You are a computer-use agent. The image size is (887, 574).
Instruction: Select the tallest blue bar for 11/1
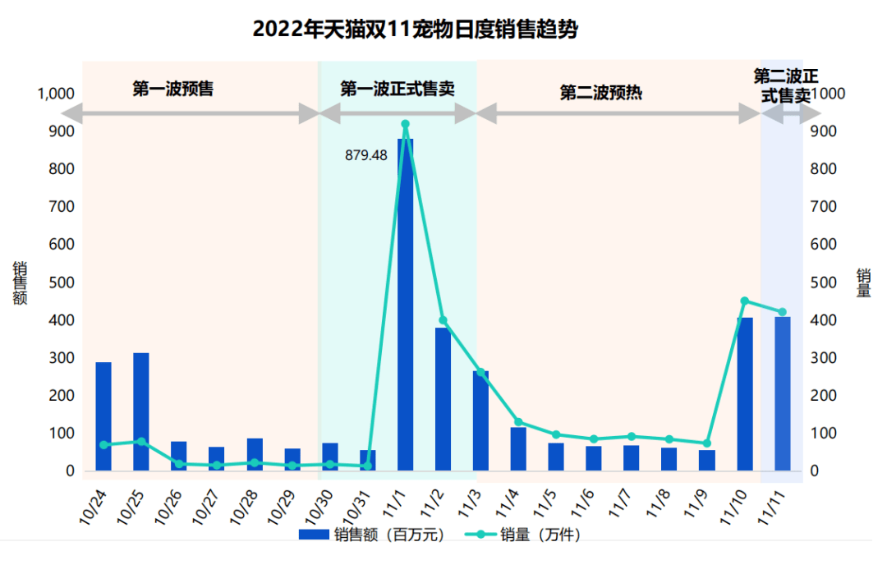405,304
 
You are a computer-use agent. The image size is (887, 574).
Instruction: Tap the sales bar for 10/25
141,411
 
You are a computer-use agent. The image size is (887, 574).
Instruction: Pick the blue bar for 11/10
745,394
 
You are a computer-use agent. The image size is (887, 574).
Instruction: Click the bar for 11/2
443,398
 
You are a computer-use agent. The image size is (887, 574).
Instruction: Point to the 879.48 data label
365,155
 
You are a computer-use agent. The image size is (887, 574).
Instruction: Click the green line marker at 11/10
745,301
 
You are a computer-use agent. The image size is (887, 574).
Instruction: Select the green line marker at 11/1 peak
405,124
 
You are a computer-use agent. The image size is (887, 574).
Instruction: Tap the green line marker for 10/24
103,444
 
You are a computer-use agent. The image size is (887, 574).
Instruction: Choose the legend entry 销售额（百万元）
374,535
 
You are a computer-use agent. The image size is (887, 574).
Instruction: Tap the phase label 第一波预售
173,89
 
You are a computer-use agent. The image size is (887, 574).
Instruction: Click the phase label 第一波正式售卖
398,89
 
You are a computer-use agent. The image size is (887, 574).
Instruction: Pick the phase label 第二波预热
600,93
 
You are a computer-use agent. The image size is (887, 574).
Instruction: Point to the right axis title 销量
863,283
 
